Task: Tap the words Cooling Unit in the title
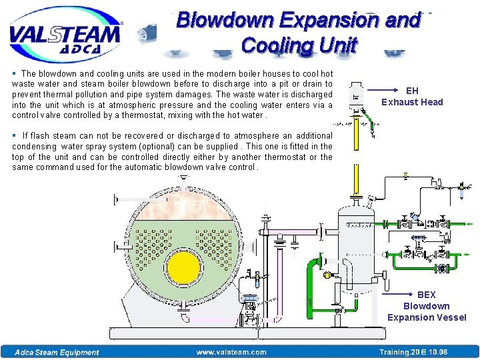[299, 45]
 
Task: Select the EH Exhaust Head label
[412, 96]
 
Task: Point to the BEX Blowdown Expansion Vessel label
[427, 306]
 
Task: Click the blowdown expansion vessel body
[358, 247]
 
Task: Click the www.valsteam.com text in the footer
[231, 352]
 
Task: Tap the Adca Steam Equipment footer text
[58, 352]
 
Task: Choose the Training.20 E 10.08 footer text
[413, 352]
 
